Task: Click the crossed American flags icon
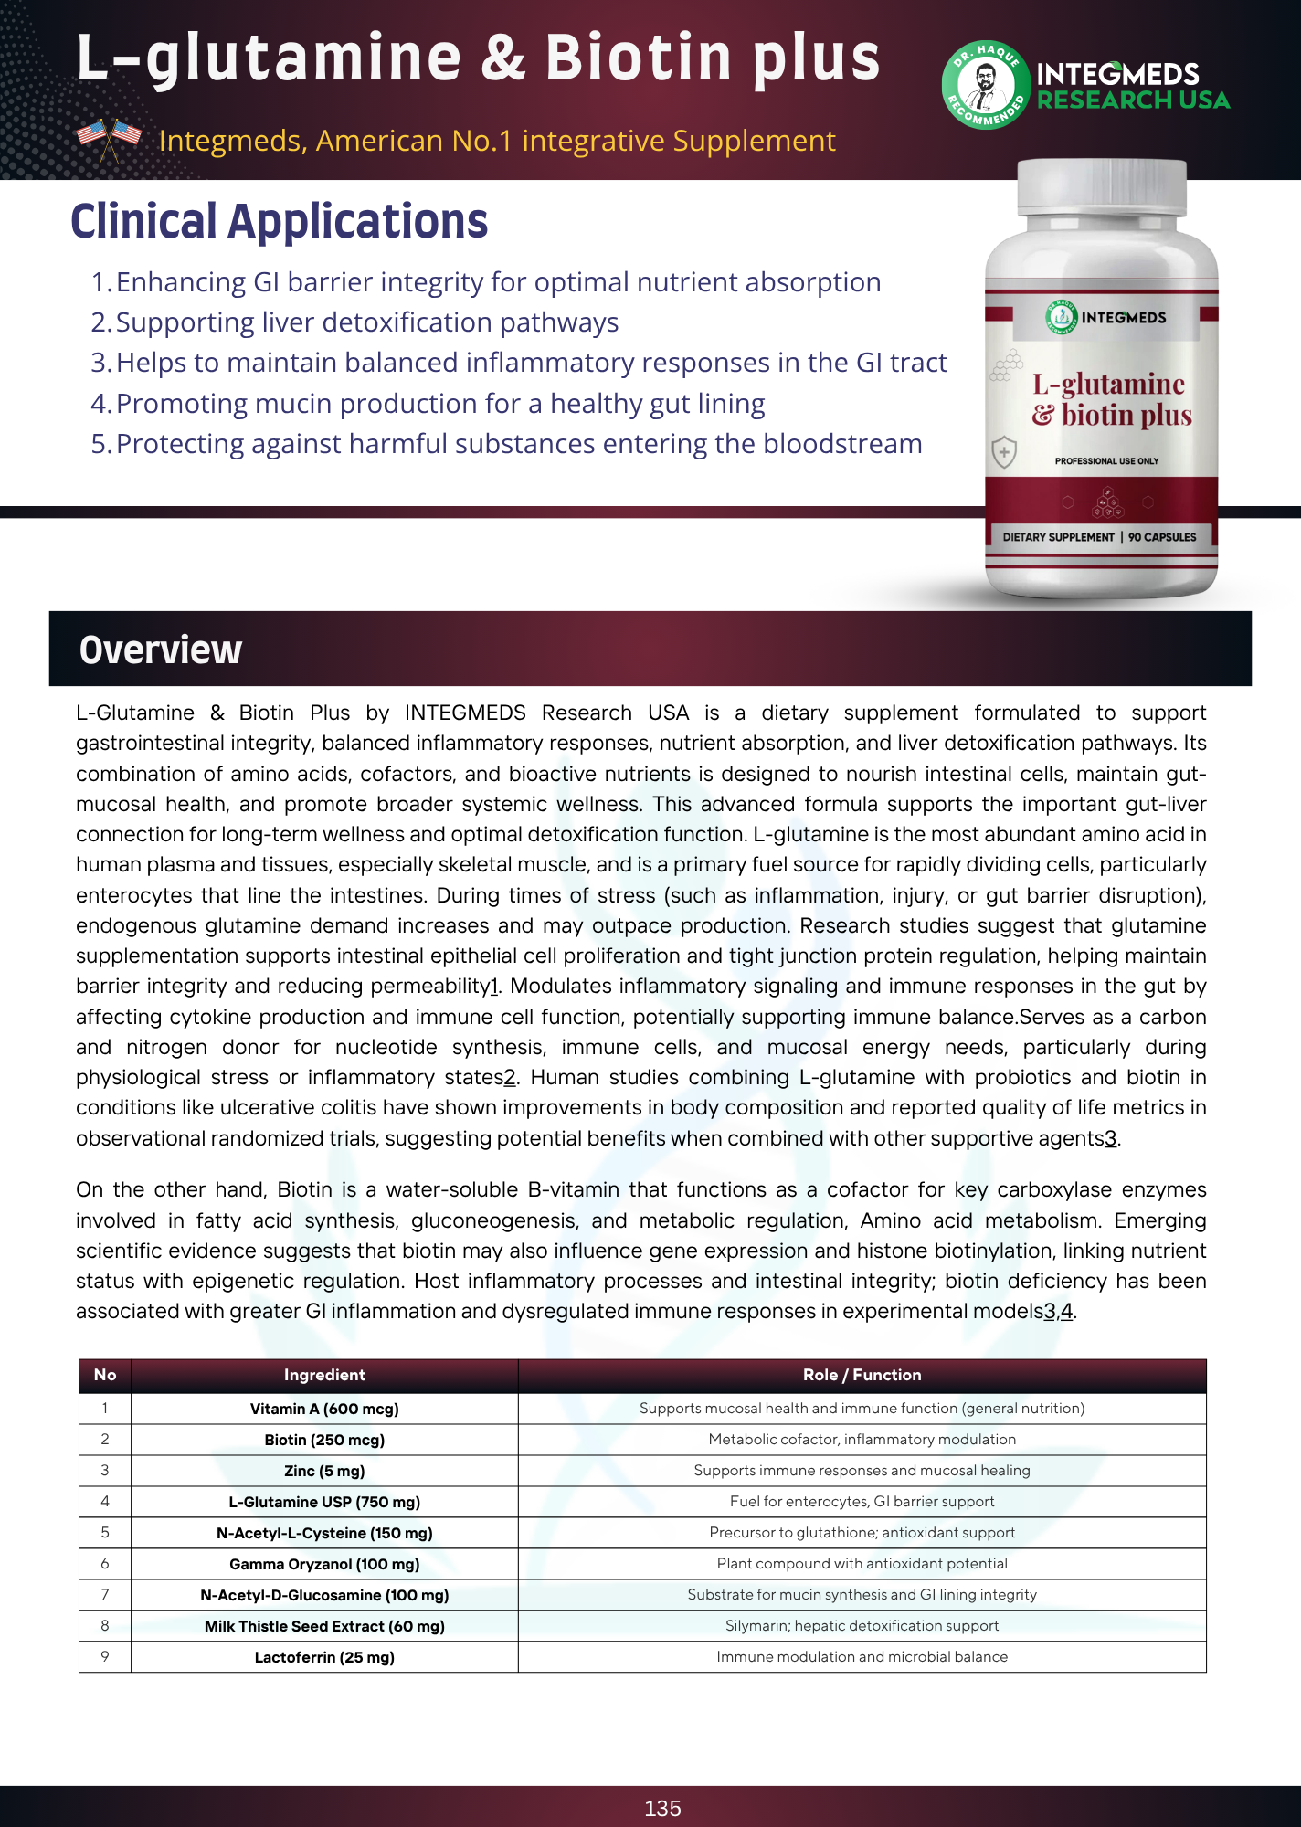[x=110, y=139]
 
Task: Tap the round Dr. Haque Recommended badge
[x=985, y=85]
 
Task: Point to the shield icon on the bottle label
[x=1004, y=451]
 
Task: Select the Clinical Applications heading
[x=279, y=222]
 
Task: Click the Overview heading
[x=161, y=649]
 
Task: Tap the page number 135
[x=662, y=1808]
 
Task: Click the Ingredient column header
[x=324, y=1375]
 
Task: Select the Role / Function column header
[x=862, y=1375]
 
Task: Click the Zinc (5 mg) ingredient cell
[x=324, y=1471]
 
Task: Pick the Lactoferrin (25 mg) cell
[x=324, y=1657]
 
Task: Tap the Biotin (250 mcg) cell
[x=324, y=1440]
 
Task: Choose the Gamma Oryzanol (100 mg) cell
[x=324, y=1564]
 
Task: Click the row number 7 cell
[x=105, y=1595]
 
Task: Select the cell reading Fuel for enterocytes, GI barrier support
[x=862, y=1502]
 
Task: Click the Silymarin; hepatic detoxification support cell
[x=862, y=1626]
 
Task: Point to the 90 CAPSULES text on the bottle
[x=1162, y=537]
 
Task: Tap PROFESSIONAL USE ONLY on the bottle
[x=1106, y=461]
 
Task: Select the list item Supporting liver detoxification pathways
[x=366, y=322]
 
